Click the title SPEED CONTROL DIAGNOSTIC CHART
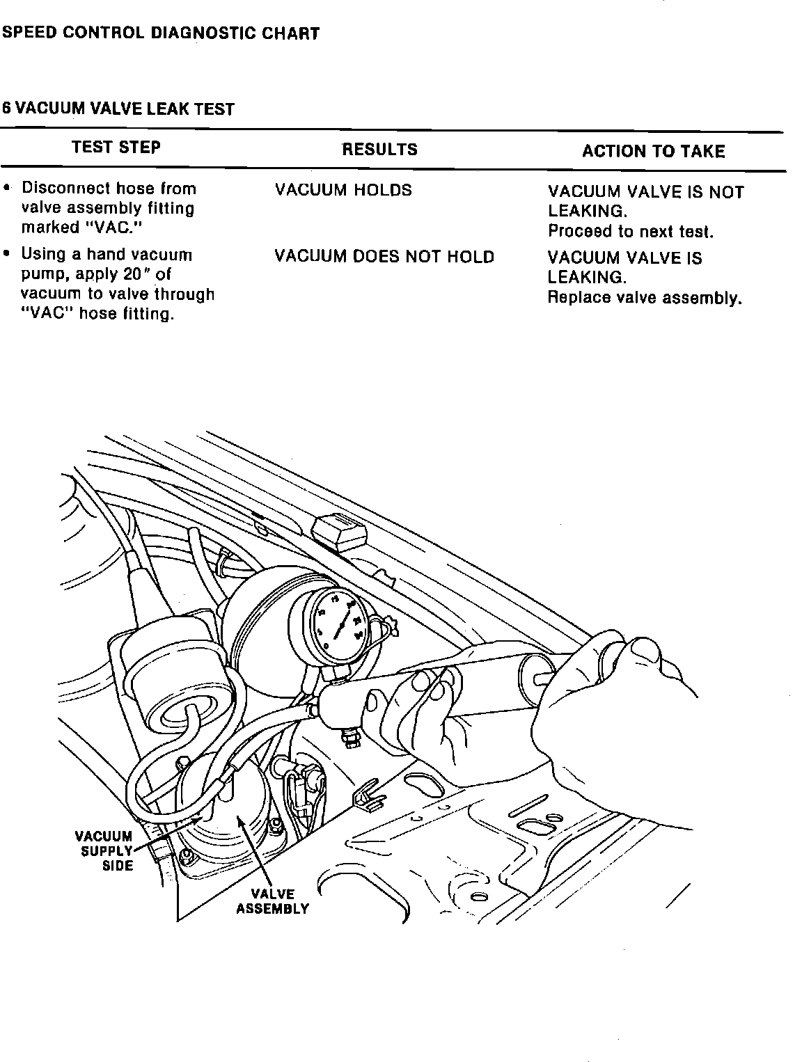pyautogui.click(x=161, y=33)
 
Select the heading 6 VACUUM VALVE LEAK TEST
pyautogui.click(x=118, y=109)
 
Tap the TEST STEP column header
pyautogui.click(x=116, y=148)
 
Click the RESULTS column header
pyautogui.click(x=379, y=150)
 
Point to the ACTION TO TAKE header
pyautogui.click(x=653, y=152)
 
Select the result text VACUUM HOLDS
pyautogui.click(x=343, y=190)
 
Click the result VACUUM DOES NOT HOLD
pyautogui.click(x=384, y=257)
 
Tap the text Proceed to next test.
pyautogui.click(x=631, y=231)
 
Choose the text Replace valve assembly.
pyautogui.click(x=645, y=298)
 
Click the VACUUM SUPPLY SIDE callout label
pyautogui.click(x=104, y=850)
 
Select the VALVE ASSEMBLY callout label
pyautogui.click(x=272, y=901)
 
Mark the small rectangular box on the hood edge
pyautogui.click(x=340, y=532)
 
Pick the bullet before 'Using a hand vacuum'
pyautogui.click(x=7, y=255)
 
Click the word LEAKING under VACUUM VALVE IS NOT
pyautogui.click(x=586, y=211)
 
